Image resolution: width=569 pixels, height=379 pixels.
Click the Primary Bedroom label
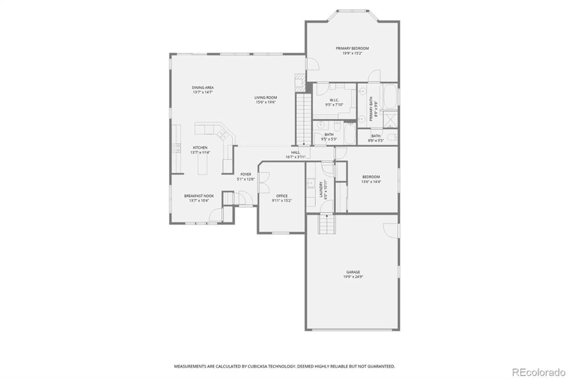352,48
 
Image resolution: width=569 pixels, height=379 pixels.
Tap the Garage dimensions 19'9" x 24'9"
353,277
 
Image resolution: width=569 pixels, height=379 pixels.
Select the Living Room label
265,98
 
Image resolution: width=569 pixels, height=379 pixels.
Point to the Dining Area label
203,88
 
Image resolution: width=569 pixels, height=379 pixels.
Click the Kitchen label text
200,148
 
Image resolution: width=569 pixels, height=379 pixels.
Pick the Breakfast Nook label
199,196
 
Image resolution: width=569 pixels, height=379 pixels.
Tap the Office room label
282,196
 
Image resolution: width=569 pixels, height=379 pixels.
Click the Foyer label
246,174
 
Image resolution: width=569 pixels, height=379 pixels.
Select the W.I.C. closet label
334,100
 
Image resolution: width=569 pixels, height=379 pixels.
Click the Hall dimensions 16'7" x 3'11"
295,157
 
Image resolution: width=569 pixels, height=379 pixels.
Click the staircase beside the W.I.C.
303,120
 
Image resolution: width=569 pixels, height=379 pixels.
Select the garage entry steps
327,224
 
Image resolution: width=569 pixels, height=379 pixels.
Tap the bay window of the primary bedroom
352,11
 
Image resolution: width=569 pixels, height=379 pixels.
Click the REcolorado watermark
539,372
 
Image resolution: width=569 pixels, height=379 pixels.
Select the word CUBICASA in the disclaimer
256,366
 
